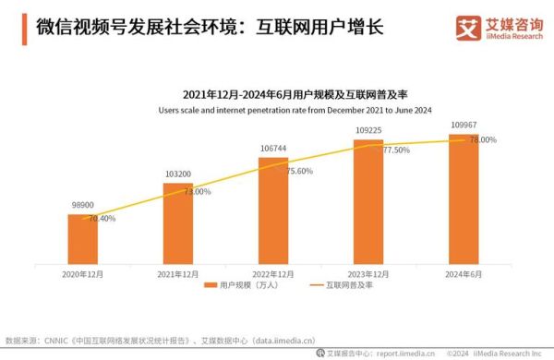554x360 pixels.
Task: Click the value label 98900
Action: tap(82, 204)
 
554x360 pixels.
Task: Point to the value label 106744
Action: tap(273, 148)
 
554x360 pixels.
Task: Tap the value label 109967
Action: tap(464, 125)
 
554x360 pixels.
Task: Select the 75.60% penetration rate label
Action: tap(299, 171)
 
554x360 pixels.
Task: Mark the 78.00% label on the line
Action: tap(483, 140)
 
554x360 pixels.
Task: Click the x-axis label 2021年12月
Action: tap(178, 274)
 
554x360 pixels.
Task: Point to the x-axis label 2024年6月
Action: tap(464, 274)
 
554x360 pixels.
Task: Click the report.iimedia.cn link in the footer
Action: tap(401, 352)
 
